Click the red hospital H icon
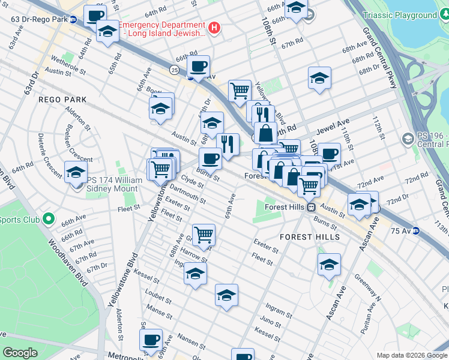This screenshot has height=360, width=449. [214, 28]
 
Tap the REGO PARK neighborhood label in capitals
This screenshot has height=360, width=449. [63, 100]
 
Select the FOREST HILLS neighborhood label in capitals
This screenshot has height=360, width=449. [310, 237]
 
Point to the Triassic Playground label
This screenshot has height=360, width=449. [417, 16]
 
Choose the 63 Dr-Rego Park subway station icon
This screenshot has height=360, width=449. [73, 19]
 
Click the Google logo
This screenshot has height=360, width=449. [20, 353]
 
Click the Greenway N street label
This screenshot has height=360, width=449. [367, 287]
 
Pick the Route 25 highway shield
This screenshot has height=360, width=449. [173, 70]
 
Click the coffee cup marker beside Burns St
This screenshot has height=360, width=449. [210, 158]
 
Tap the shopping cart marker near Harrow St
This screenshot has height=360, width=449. [203, 234]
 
